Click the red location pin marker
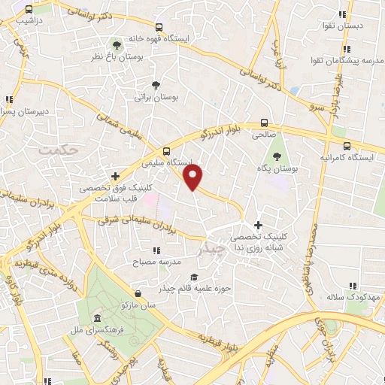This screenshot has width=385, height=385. (193, 177)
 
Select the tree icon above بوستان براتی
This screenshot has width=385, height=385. (156, 85)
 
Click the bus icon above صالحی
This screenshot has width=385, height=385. (264, 123)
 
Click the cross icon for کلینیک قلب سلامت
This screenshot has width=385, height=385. (114, 175)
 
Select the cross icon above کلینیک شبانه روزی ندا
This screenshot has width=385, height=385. (258, 224)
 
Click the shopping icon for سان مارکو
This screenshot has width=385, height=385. (137, 293)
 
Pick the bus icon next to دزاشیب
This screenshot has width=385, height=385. (28, 10)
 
